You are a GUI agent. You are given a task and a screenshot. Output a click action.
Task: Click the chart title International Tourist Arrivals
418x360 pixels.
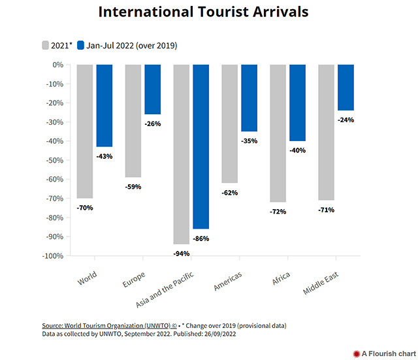click(x=203, y=12)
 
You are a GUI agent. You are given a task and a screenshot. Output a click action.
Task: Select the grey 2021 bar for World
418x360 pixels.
click(x=85, y=131)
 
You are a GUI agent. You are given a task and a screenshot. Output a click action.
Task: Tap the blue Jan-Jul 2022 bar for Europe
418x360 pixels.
click(x=152, y=90)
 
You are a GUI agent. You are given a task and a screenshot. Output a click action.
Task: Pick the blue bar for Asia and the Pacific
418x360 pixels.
click(x=201, y=146)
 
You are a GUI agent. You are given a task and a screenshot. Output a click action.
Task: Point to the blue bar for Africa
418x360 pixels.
click(x=297, y=103)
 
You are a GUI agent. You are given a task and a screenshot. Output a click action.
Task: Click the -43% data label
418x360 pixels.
click(x=104, y=155)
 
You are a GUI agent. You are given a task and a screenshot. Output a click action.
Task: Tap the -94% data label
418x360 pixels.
click(x=182, y=253)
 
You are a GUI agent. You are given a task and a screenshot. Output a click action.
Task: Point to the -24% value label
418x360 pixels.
click(x=346, y=120)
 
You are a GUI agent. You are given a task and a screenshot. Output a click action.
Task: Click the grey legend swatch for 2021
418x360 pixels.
click(x=46, y=46)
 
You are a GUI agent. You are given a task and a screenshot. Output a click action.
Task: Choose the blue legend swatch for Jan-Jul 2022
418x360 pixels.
click(x=81, y=46)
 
